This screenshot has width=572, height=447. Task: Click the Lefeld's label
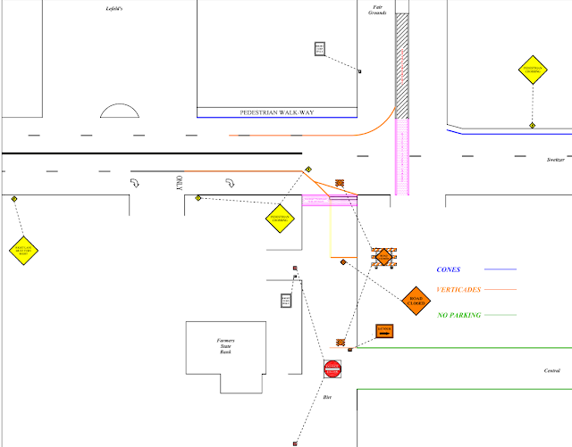coord(113,8)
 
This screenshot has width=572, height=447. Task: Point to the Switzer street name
coord(556,159)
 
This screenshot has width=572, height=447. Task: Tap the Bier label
coord(327,397)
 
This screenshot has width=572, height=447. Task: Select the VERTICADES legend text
coord(458,290)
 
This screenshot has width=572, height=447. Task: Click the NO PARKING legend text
coord(459,315)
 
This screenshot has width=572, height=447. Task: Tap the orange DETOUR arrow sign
coord(384,332)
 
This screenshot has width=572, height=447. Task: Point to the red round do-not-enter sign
coord(333,368)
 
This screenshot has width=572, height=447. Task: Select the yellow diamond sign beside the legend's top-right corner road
coord(533,69)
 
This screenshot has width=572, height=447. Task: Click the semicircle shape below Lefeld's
coord(120,111)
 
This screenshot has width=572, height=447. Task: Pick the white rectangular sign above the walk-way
coord(320,48)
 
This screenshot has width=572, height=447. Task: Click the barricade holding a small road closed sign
coord(384,256)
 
